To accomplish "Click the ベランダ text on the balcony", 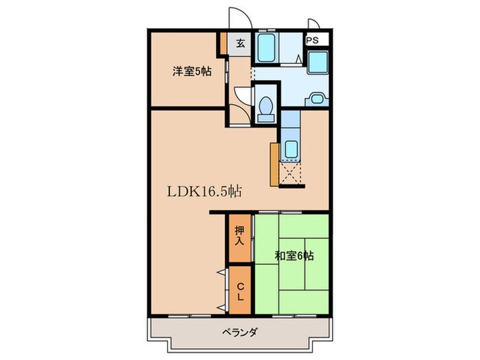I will click(x=239, y=333).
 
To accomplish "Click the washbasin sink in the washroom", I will click(x=316, y=98).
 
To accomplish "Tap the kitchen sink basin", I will click(x=291, y=148).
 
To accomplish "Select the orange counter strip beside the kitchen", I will click(x=274, y=164).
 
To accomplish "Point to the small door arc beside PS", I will click(x=313, y=25).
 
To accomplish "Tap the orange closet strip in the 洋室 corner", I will click(x=222, y=45).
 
